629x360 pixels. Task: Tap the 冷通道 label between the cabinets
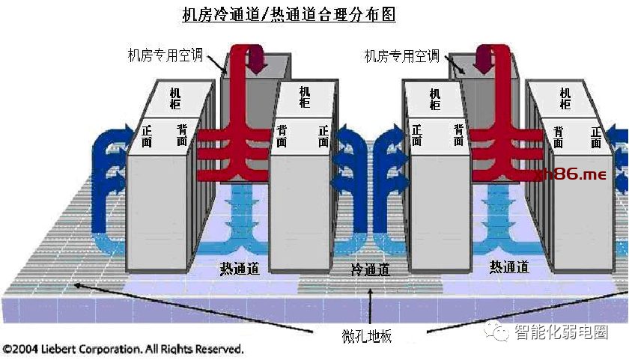tap(371, 270)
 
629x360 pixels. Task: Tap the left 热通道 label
tap(240, 268)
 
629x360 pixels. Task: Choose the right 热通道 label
tap(510, 267)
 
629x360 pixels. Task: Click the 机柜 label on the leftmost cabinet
tap(174, 99)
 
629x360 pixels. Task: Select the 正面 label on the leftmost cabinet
tap(147, 135)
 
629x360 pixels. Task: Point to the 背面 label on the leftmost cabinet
tap(182, 135)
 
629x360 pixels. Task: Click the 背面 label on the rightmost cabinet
tap(559, 137)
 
